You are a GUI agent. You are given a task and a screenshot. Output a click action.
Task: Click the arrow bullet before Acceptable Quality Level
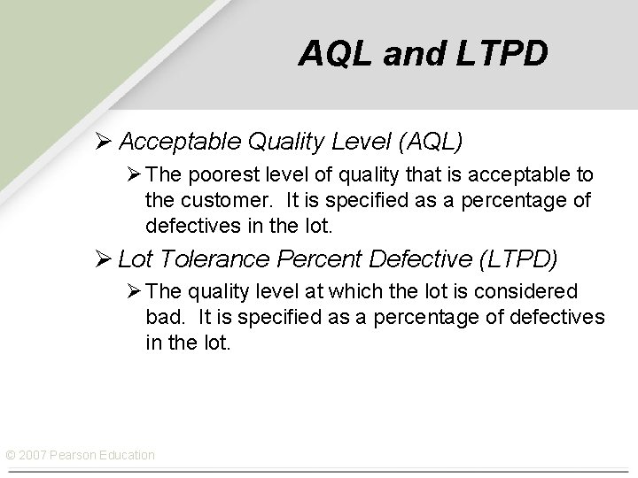coord(104,141)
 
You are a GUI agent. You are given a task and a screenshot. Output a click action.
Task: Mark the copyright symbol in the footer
coord(11,455)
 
